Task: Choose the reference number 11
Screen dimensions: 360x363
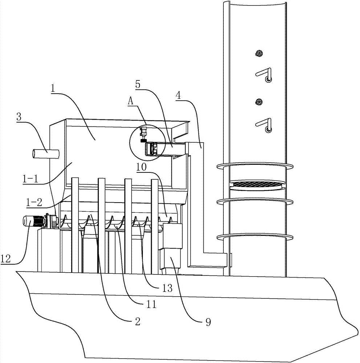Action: (152, 305)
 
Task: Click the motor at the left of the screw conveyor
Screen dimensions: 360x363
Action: (35, 221)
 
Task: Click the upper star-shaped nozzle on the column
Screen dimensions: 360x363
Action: (259, 53)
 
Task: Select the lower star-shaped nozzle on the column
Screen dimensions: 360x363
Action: (259, 102)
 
